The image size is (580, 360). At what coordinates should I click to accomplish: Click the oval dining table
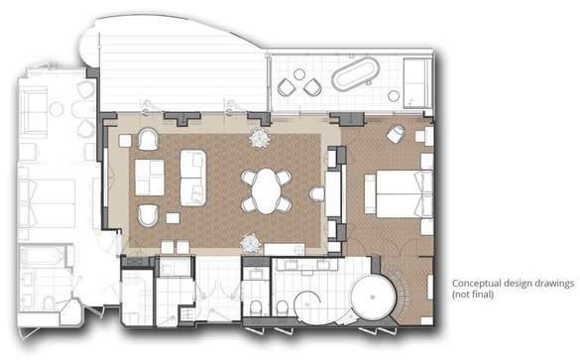point(267,191)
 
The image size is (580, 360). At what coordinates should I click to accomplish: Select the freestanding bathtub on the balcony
point(356,74)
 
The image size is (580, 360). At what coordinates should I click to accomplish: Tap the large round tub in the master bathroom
point(373,298)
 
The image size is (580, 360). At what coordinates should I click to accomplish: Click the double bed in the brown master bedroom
point(404,193)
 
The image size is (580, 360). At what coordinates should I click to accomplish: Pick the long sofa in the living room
point(192,178)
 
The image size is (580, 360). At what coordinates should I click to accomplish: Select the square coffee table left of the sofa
point(150,178)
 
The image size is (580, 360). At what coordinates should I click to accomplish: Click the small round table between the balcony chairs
point(298,74)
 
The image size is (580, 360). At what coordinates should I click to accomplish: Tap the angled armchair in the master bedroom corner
point(396,134)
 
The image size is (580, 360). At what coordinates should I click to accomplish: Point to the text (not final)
point(473,295)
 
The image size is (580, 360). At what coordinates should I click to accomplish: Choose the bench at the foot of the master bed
point(370,193)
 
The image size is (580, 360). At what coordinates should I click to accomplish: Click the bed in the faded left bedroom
point(48,202)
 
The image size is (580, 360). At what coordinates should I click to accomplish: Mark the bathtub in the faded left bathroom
point(42,257)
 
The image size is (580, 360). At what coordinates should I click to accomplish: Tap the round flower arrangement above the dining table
point(260,138)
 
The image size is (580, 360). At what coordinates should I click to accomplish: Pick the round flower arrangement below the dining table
point(250,243)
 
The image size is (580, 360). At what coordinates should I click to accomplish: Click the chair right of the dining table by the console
point(316,193)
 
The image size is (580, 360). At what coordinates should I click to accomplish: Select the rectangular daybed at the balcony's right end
point(417,82)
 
